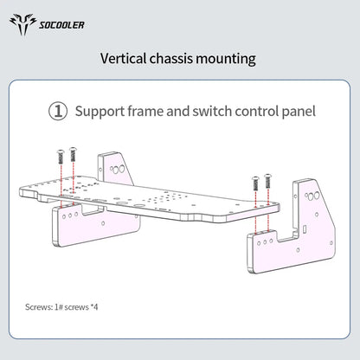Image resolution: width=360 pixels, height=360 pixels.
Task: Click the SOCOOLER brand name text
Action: pos(61,25)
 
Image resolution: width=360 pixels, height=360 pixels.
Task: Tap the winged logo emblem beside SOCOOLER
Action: pos(22,24)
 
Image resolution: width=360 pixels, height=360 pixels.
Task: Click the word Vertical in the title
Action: pos(124,59)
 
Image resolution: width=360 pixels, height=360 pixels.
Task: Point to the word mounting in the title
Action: pos(226,60)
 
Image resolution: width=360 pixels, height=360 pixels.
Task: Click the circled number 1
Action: pos(58,112)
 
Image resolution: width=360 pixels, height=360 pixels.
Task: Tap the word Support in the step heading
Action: pos(100,112)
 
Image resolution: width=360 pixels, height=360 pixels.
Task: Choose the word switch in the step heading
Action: pos(212,111)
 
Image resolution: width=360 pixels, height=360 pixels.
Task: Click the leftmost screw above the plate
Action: pos(61,157)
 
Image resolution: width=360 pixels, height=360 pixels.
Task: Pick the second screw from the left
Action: pos(73,155)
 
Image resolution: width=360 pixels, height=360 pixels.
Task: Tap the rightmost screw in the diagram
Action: pos(268,181)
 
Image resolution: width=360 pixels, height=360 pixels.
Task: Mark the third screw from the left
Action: pos(255,183)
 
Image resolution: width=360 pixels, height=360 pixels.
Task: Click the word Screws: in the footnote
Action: pos(38,307)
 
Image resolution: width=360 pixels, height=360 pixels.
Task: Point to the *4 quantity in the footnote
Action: pos(94,306)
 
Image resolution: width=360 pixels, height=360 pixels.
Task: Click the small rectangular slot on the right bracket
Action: pos(305,230)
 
